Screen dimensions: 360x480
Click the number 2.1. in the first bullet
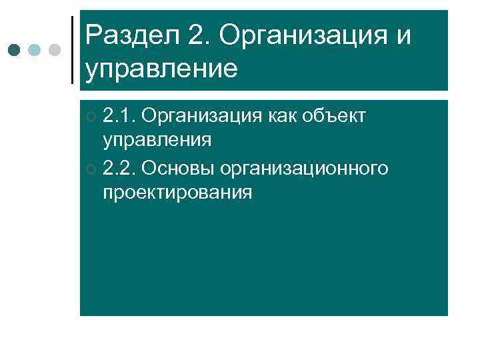point(120,117)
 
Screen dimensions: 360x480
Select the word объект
point(339,117)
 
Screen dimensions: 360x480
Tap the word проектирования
point(177,193)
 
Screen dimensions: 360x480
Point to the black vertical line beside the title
point(72,49)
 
